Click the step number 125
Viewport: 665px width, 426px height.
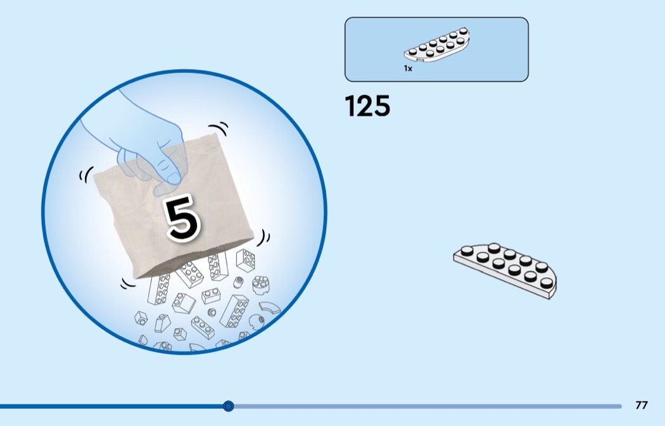367,106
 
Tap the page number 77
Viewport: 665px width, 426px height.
642,405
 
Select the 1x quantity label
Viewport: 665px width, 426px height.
408,68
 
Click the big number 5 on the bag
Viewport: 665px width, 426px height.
182,219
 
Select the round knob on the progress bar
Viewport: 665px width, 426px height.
229,406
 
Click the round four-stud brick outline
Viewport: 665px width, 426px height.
260,285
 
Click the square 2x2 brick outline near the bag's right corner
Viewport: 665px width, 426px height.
245,260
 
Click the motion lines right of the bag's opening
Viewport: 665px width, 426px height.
264,238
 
